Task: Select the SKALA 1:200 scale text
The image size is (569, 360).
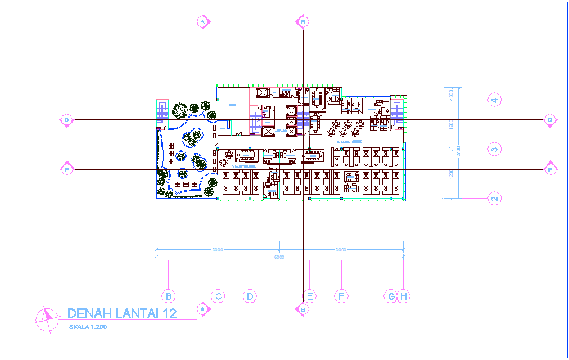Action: click(x=88, y=327)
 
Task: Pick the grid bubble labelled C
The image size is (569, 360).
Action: click(x=218, y=296)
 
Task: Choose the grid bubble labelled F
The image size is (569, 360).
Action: click(x=341, y=296)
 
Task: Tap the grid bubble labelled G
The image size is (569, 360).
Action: click(x=391, y=296)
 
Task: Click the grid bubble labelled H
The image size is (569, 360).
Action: click(x=404, y=296)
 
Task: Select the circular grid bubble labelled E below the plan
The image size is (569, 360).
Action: click(x=309, y=296)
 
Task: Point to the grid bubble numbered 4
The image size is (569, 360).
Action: click(x=494, y=100)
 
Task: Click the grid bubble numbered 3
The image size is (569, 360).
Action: click(x=494, y=149)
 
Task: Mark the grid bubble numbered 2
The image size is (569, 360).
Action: click(x=494, y=198)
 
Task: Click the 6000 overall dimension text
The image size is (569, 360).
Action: click(x=279, y=257)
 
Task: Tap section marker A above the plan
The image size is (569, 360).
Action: click(x=202, y=21)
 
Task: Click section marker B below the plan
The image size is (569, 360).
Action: click(x=302, y=308)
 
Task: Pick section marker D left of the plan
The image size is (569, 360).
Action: click(x=66, y=120)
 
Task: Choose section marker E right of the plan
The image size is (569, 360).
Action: click(x=550, y=169)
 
